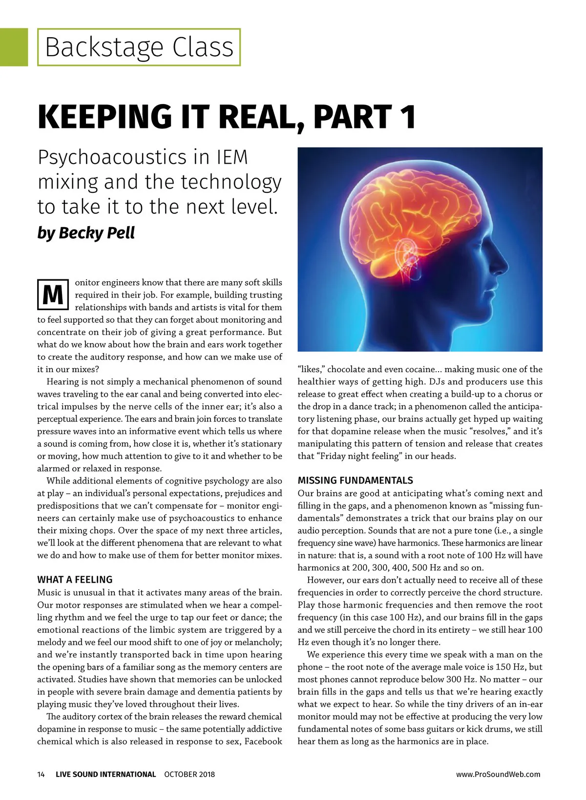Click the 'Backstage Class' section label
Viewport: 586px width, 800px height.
pyautogui.click(x=139, y=47)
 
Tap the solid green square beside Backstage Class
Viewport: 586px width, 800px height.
pyautogui.click(x=14, y=47)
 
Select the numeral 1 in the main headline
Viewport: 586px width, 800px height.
pyautogui.click(x=407, y=117)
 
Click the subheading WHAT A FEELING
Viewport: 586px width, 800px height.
pyautogui.click(x=75, y=580)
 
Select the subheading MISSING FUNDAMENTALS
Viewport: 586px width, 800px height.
pyautogui.click(x=355, y=481)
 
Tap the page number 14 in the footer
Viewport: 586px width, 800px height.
pyautogui.click(x=41, y=774)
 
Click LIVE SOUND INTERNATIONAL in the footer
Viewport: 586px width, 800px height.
pyautogui.click(x=105, y=774)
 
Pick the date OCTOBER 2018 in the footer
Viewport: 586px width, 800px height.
pyautogui.click(x=189, y=774)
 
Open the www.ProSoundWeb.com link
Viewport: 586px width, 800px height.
pyautogui.click(x=498, y=774)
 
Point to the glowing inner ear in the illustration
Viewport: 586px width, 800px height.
pyautogui.click(x=406, y=256)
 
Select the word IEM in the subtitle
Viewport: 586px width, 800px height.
pyautogui.click(x=231, y=157)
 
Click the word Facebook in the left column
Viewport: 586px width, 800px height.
pyautogui.click(x=263, y=741)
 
